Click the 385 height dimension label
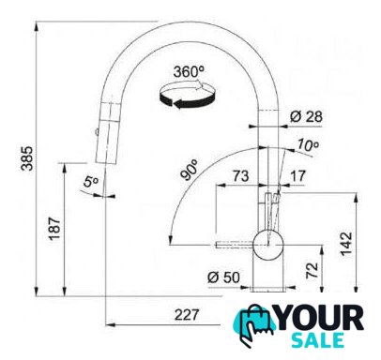click(27, 158)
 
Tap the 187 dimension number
click(54, 229)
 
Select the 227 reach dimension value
click(187, 315)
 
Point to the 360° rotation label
click(189, 72)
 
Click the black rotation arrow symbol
click(188, 96)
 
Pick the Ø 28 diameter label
click(306, 117)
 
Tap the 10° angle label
click(308, 144)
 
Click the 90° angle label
click(190, 170)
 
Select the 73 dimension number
click(240, 176)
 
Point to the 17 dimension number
click(297, 176)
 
